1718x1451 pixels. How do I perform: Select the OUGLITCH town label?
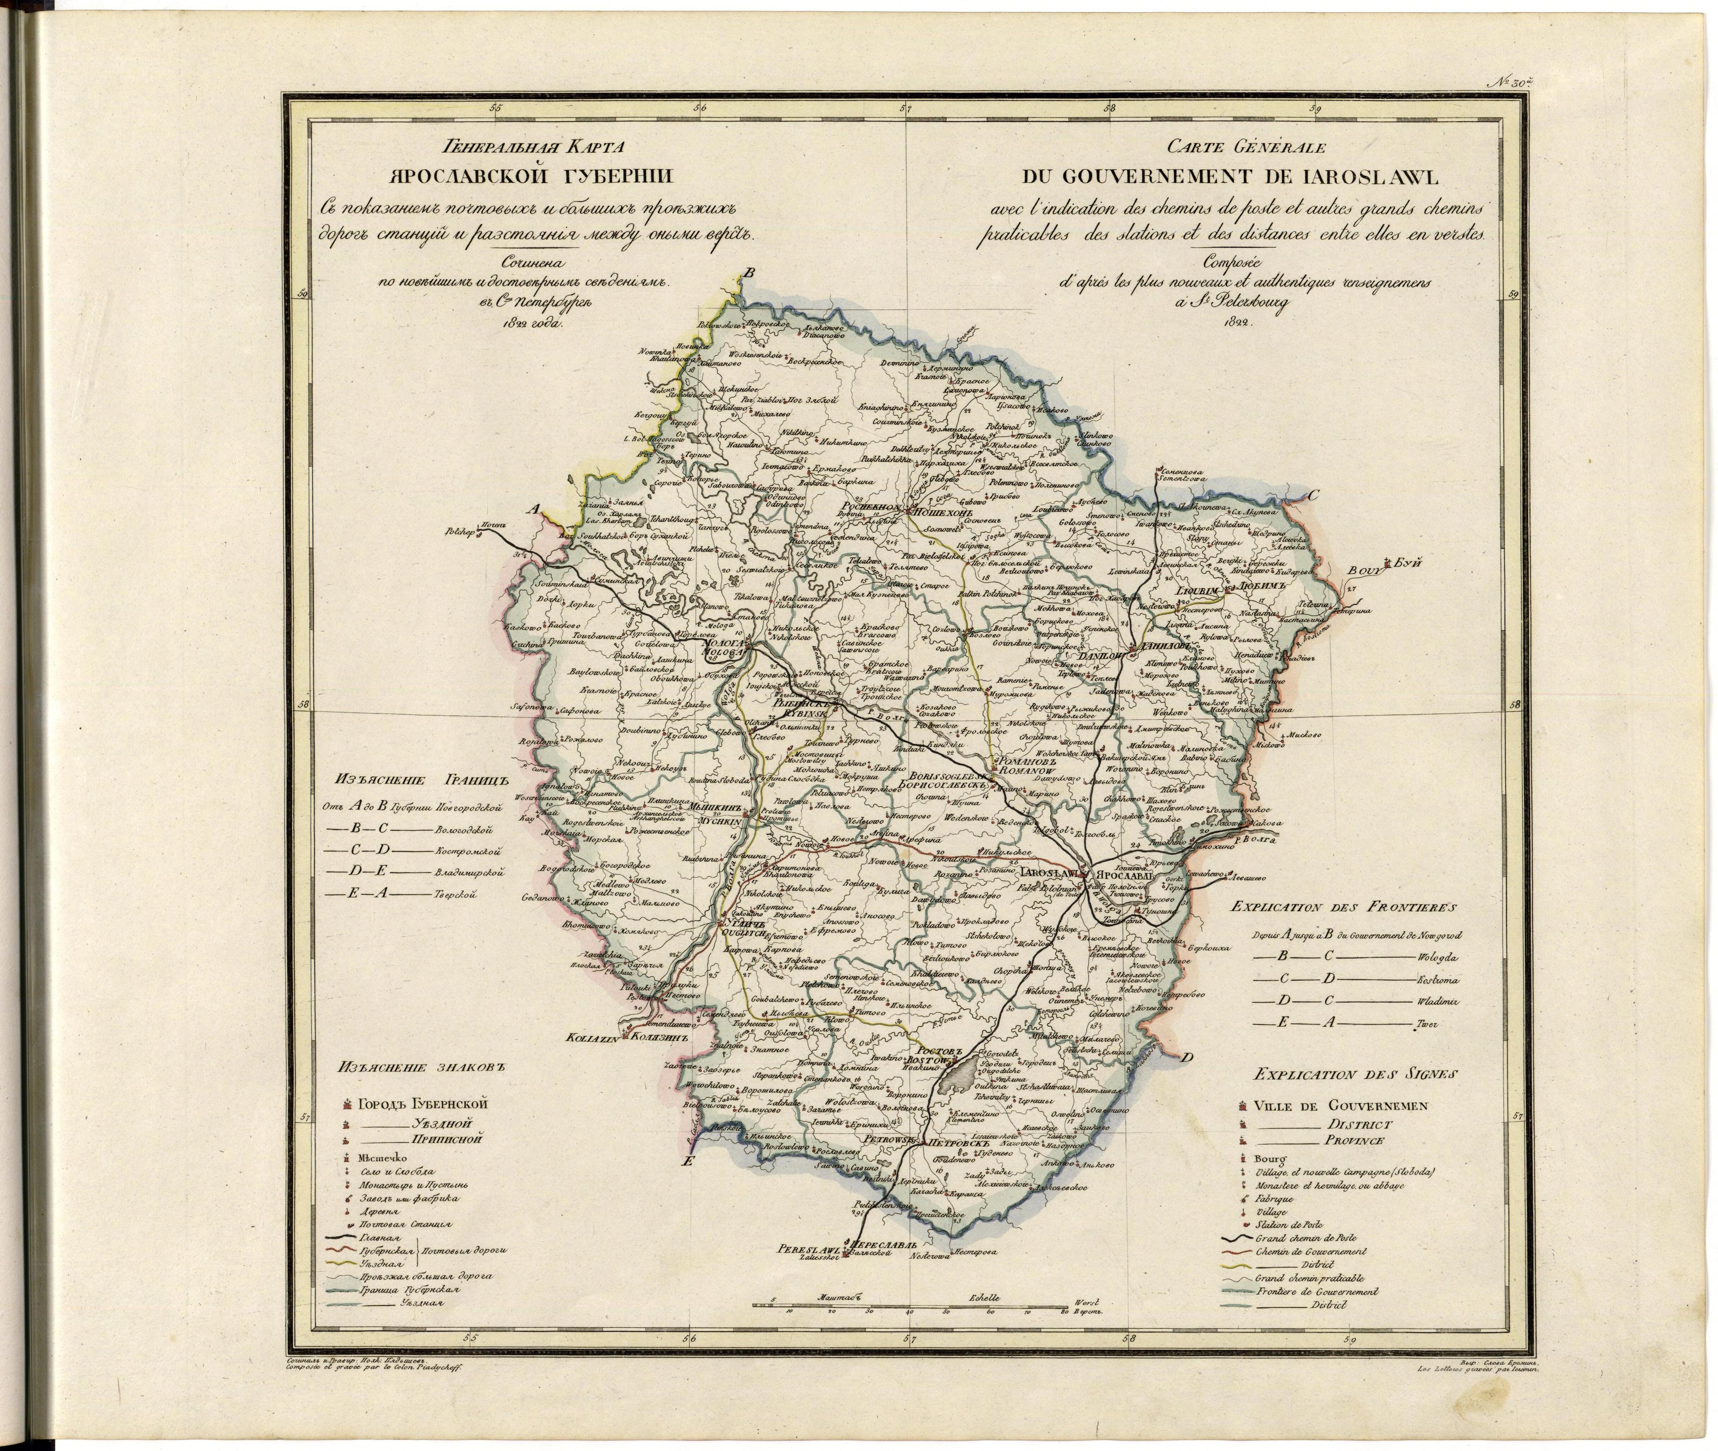coord(744,934)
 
